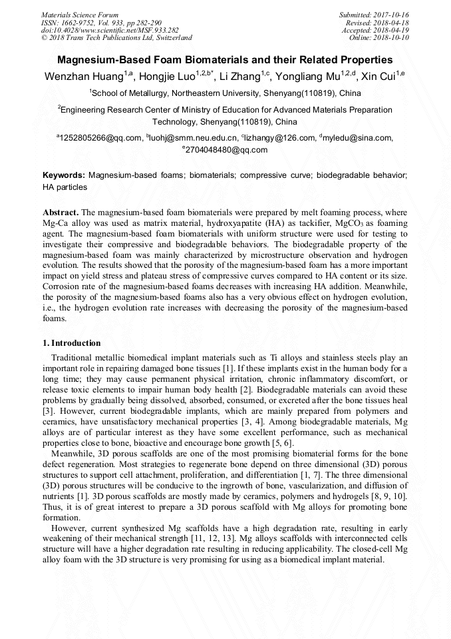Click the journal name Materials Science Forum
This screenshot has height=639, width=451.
[x=80, y=15]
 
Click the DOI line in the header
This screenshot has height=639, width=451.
[x=110, y=30]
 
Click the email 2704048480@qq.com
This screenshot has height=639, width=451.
[x=226, y=150]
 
